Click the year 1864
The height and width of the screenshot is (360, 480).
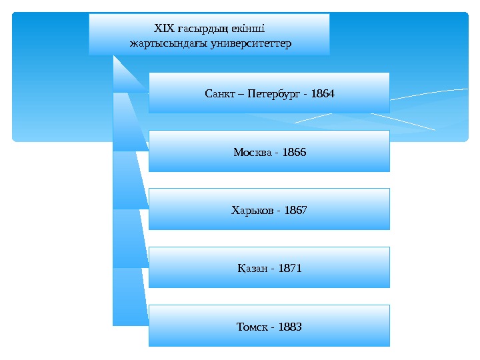pyautogui.click(x=323, y=93)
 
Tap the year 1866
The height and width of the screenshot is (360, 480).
pyautogui.click(x=294, y=152)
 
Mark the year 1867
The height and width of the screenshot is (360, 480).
pyautogui.click(x=295, y=210)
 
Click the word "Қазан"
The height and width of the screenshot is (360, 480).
pyautogui.click(x=252, y=269)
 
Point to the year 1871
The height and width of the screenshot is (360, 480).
pyautogui.click(x=290, y=269)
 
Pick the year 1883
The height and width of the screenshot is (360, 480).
pyautogui.click(x=290, y=327)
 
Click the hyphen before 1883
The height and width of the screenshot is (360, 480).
pyautogui.click(x=273, y=327)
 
